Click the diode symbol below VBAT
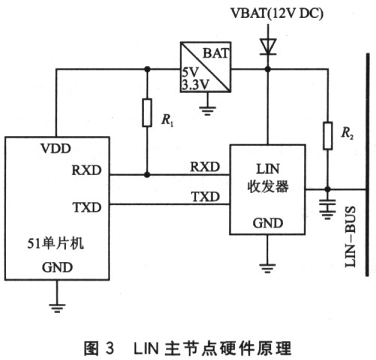pos(268,46)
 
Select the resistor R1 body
pos(147,113)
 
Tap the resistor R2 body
pos(328,135)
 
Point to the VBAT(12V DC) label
pos(277,13)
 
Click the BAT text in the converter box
pos(216,53)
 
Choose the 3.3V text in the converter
pos(195,85)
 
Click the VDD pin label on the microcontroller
pos(56,148)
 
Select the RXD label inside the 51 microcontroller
pos(87,170)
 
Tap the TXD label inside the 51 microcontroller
pos(87,207)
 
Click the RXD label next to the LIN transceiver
pos(205,167)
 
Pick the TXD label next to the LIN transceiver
pos(205,197)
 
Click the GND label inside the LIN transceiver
pos(268,223)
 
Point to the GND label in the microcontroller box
pos(57,267)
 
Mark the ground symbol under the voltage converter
pos(207,111)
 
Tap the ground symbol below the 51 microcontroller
pos(57,308)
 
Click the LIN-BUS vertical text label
pos(350,237)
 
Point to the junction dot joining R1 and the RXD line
pos(147,174)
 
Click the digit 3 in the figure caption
pos(109,348)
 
